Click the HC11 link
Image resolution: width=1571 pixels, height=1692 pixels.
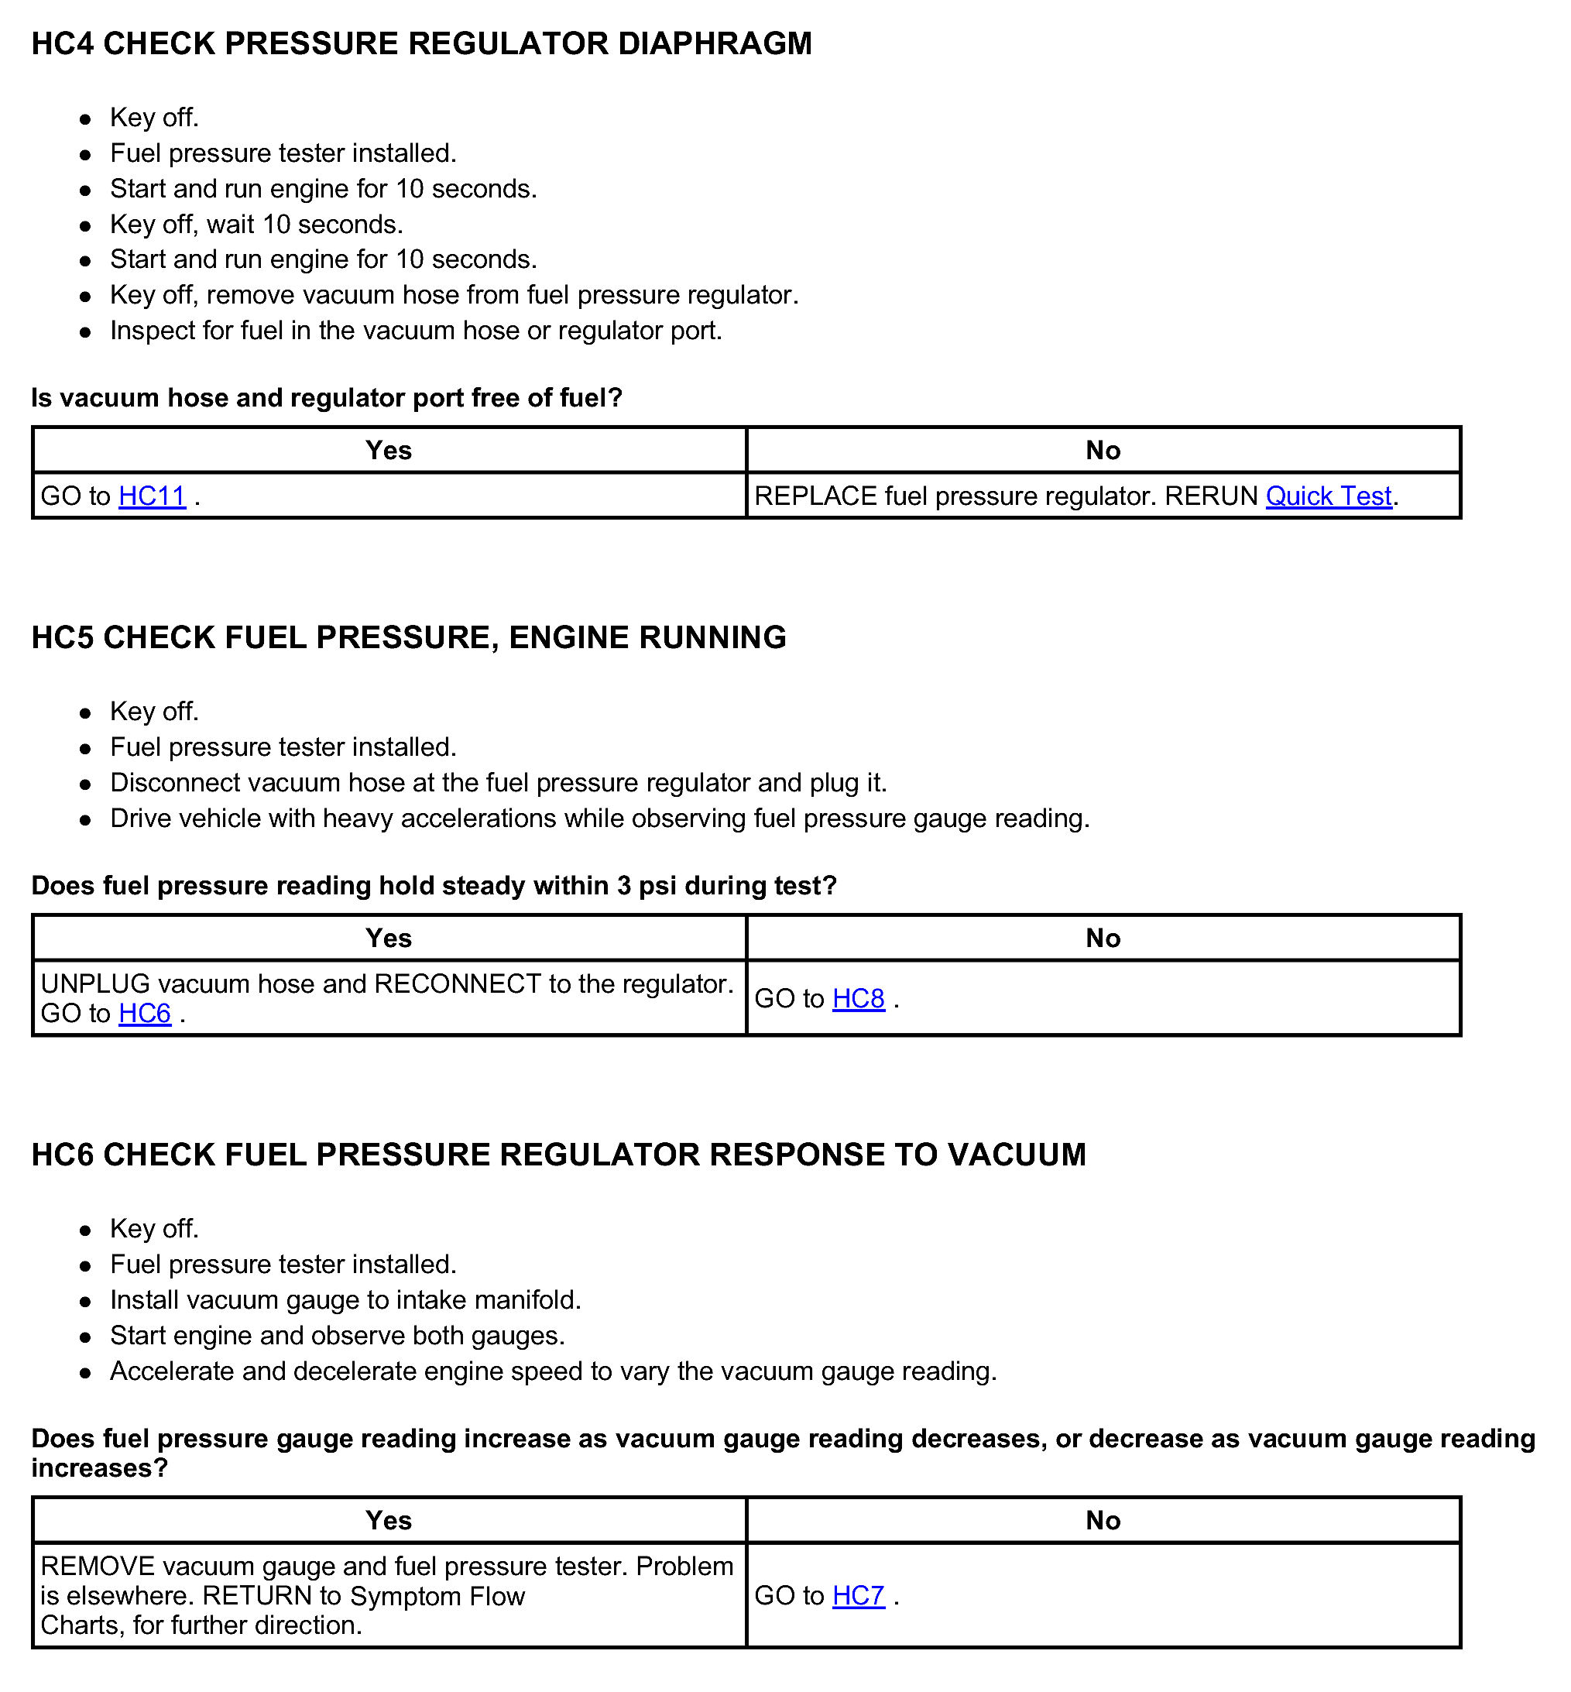(153, 496)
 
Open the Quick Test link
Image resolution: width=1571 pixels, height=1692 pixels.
(1328, 496)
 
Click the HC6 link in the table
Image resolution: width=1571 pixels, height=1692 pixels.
(145, 1014)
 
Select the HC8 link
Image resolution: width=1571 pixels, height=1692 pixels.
(858, 998)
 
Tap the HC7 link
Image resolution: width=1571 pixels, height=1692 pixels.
(858, 1596)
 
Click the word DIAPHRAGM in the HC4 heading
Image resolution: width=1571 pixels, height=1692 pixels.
(715, 43)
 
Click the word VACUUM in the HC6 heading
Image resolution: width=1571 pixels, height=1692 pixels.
(1017, 1155)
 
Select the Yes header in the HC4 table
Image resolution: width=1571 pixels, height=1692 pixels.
(389, 450)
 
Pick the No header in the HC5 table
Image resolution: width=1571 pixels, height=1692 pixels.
(1103, 938)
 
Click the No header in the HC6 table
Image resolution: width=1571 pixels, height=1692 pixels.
(1103, 1520)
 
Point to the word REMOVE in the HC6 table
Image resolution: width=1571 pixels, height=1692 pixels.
(98, 1566)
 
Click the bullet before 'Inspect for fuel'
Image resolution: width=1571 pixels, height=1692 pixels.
(85, 332)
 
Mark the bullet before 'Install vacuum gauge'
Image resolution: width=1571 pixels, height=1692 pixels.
(85, 1302)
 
